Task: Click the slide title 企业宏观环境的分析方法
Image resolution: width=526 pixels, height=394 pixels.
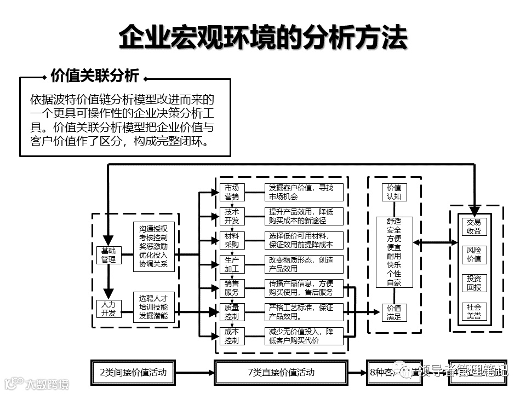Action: point(263,38)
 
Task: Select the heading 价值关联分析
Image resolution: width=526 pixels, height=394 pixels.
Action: point(94,76)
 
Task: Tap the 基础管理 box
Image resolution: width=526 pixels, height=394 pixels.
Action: point(108,255)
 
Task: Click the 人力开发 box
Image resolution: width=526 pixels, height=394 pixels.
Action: point(108,309)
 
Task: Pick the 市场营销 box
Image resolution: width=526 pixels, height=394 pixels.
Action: point(231,192)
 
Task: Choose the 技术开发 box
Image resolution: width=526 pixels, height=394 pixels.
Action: point(231,216)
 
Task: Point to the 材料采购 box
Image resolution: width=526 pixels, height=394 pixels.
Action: point(231,240)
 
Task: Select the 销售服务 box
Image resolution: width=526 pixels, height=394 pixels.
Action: point(231,288)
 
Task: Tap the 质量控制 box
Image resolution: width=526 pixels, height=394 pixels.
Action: point(231,312)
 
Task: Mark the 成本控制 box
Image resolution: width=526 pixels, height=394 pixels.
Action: point(231,336)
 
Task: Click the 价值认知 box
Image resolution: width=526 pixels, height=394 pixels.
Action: point(394,192)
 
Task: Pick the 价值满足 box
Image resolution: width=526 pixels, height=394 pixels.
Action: point(394,312)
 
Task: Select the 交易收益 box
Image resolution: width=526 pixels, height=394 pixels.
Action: point(474,226)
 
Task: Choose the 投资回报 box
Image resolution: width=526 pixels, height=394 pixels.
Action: point(474,283)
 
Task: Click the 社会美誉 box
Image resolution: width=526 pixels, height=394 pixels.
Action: point(474,311)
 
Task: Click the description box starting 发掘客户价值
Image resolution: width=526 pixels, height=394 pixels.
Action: point(305,192)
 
